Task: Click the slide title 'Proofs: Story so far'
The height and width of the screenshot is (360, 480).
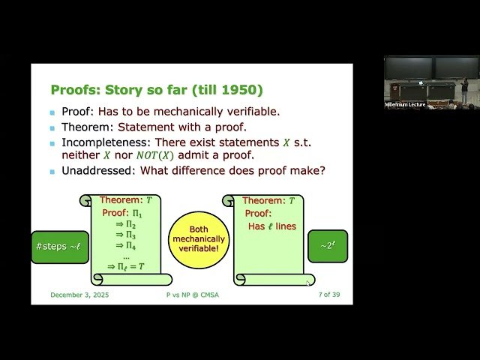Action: pos(157,90)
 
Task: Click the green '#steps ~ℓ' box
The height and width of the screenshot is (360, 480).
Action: pos(59,247)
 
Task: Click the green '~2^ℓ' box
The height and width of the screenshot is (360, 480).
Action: pos(328,246)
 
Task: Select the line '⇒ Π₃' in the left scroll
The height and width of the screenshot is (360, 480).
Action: pos(125,235)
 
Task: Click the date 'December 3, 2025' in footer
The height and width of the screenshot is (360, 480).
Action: pos(79,295)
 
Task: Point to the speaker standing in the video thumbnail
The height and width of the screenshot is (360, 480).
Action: pos(464,88)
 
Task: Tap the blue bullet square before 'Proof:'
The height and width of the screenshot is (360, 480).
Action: pos(52,112)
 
